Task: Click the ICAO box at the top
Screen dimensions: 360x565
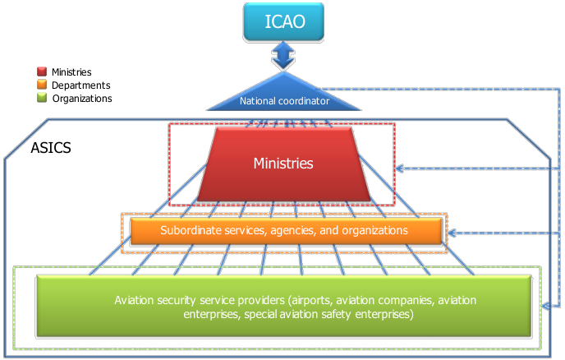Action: pyautogui.click(x=283, y=21)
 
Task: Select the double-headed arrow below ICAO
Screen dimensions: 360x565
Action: pyautogui.click(x=283, y=57)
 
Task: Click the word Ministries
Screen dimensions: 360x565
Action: pyautogui.click(x=282, y=164)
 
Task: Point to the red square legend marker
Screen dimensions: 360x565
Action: pyautogui.click(x=42, y=72)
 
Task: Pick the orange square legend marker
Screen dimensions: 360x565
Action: pyautogui.click(x=42, y=84)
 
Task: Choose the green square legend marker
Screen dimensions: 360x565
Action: pyautogui.click(x=42, y=97)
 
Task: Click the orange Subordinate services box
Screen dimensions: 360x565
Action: pyautogui.click(x=283, y=231)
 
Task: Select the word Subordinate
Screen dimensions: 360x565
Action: pyautogui.click(x=190, y=231)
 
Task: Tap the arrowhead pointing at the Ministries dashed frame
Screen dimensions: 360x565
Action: pyautogui.click(x=399, y=168)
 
